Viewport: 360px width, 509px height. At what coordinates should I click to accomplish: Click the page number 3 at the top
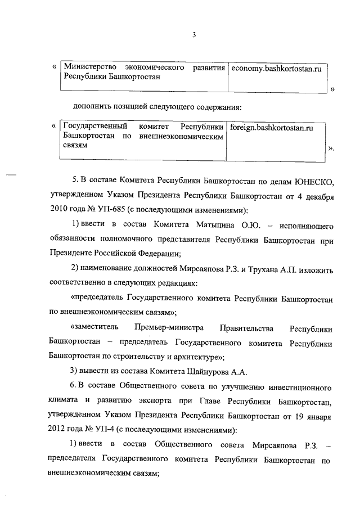[x=193, y=35]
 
